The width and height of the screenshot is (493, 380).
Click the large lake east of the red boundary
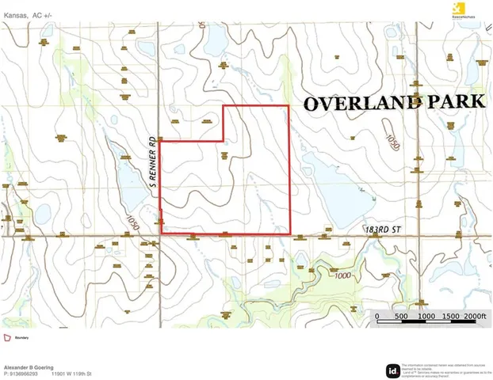point(333,182)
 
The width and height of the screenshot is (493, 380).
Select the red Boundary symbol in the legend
point(8,337)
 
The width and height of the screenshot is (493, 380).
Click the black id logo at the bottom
point(392,370)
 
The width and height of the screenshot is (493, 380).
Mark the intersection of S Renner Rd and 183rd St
point(161,235)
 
